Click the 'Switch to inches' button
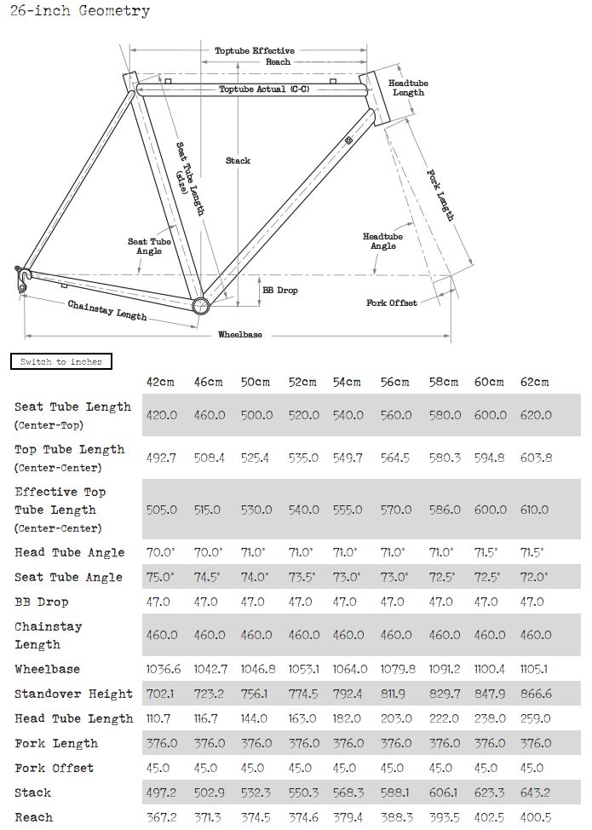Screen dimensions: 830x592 click(x=60, y=361)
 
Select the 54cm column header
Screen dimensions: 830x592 click(x=347, y=382)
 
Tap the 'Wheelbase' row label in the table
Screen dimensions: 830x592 click(x=47, y=669)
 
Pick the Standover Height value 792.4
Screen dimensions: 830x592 click(x=347, y=694)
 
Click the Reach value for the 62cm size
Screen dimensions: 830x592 click(x=535, y=817)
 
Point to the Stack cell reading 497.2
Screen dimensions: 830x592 click(x=162, y=793)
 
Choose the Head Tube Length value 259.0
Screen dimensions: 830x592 click(x=535, y=718)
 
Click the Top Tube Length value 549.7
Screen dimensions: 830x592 click(x=347, y=458)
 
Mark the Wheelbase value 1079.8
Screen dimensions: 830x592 click(x=394, y=669)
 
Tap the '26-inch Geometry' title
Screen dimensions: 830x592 click(x=80, y=11)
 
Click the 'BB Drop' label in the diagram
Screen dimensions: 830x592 click(x=279, y=291)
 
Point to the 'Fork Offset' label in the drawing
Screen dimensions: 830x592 click(x=391, y=303)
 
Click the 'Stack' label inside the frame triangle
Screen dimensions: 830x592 click(x=238, y=160)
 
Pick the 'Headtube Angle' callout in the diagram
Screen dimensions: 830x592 click(x=382, y=241)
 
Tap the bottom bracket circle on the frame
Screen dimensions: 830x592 click(x=200, y=306)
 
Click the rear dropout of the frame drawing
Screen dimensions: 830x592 click(x=23, y=276)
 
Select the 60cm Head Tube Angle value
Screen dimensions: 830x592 click(x=489, y=552)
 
